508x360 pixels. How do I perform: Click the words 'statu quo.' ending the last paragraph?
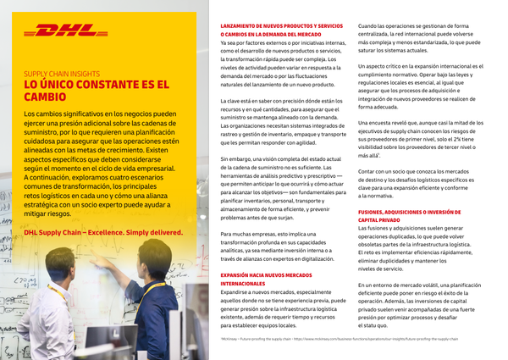tap(375, 324)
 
